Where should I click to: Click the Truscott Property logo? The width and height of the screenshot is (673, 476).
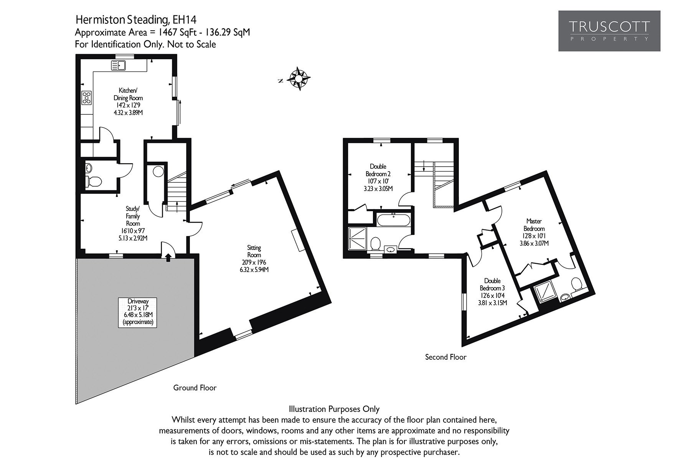(x=609, y=31)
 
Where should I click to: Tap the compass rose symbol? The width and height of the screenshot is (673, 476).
(x=299, y=79)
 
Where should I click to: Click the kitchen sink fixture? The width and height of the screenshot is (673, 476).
(x=119, y=66)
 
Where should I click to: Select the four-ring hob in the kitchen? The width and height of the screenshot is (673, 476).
(x=86, y=98)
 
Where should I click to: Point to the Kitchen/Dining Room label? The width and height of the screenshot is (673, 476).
(x=128, y=101)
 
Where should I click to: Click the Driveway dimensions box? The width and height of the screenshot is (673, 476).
(x=138, y=312)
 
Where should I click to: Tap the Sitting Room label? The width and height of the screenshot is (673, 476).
(x=254, y=259)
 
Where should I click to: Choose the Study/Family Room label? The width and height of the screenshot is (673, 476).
(x=133, y=223)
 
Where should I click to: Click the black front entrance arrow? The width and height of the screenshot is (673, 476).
(x=168, y=258)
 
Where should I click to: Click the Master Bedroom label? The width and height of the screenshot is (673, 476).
(x=534, y=232)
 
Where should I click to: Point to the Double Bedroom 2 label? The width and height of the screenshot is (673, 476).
(x=378, y=177)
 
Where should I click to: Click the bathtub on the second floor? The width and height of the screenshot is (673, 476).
(x=394, y=221)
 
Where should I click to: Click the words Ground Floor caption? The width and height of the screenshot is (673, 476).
(x=195, y=388)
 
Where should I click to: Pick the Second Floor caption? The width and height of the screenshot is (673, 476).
(x=445, y=357)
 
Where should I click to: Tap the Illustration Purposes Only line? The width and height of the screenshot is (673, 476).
(x=334, y=409)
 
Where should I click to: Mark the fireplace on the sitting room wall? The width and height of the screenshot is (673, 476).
(x=297, y=240)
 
